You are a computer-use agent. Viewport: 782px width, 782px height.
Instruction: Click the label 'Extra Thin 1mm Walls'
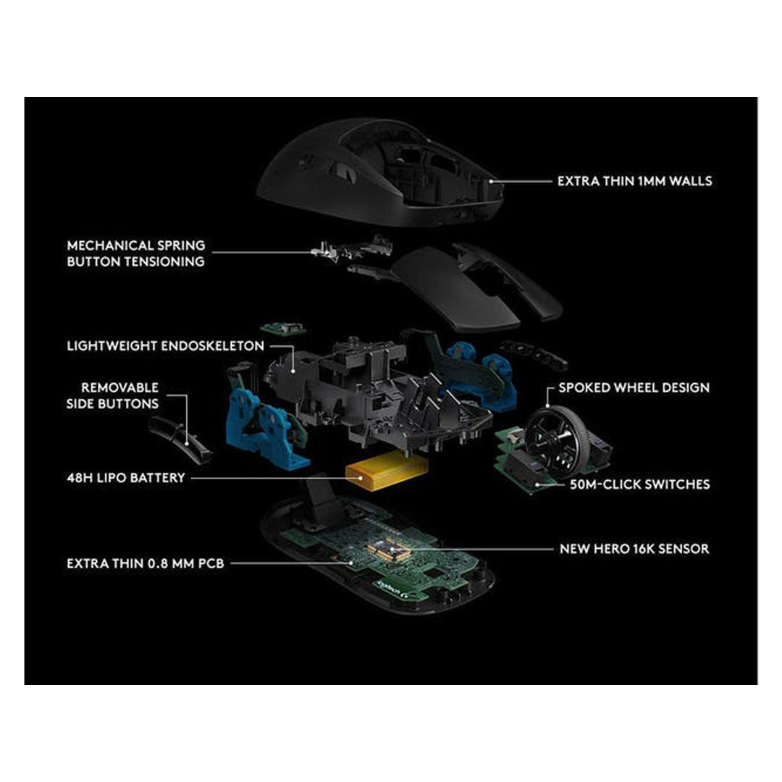coord(634,180)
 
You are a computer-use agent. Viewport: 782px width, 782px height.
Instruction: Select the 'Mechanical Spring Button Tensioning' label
coord(136,253)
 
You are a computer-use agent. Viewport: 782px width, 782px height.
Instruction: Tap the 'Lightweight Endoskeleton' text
coord(165,346)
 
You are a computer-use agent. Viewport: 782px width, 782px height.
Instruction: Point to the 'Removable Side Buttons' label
coord(119,396)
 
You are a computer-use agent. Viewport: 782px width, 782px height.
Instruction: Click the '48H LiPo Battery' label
coord(125,478)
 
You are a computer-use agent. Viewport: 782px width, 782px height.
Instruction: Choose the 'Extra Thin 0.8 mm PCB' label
coord(145,563)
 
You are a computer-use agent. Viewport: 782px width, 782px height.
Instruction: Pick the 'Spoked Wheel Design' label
coord(634,388)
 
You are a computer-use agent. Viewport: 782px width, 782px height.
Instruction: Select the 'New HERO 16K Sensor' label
coord(634,549)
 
